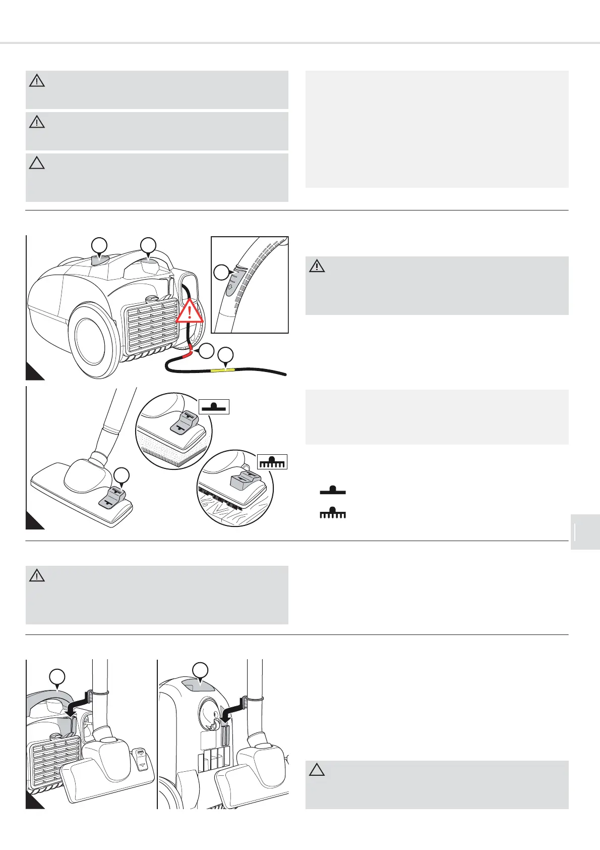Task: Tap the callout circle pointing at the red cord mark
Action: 206,351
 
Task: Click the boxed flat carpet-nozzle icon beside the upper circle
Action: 214,406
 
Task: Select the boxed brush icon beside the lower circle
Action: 272,462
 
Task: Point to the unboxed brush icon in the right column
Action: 333,514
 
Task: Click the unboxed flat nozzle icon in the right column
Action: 333,490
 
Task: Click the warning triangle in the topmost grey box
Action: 37,81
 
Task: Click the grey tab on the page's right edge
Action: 585,532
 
